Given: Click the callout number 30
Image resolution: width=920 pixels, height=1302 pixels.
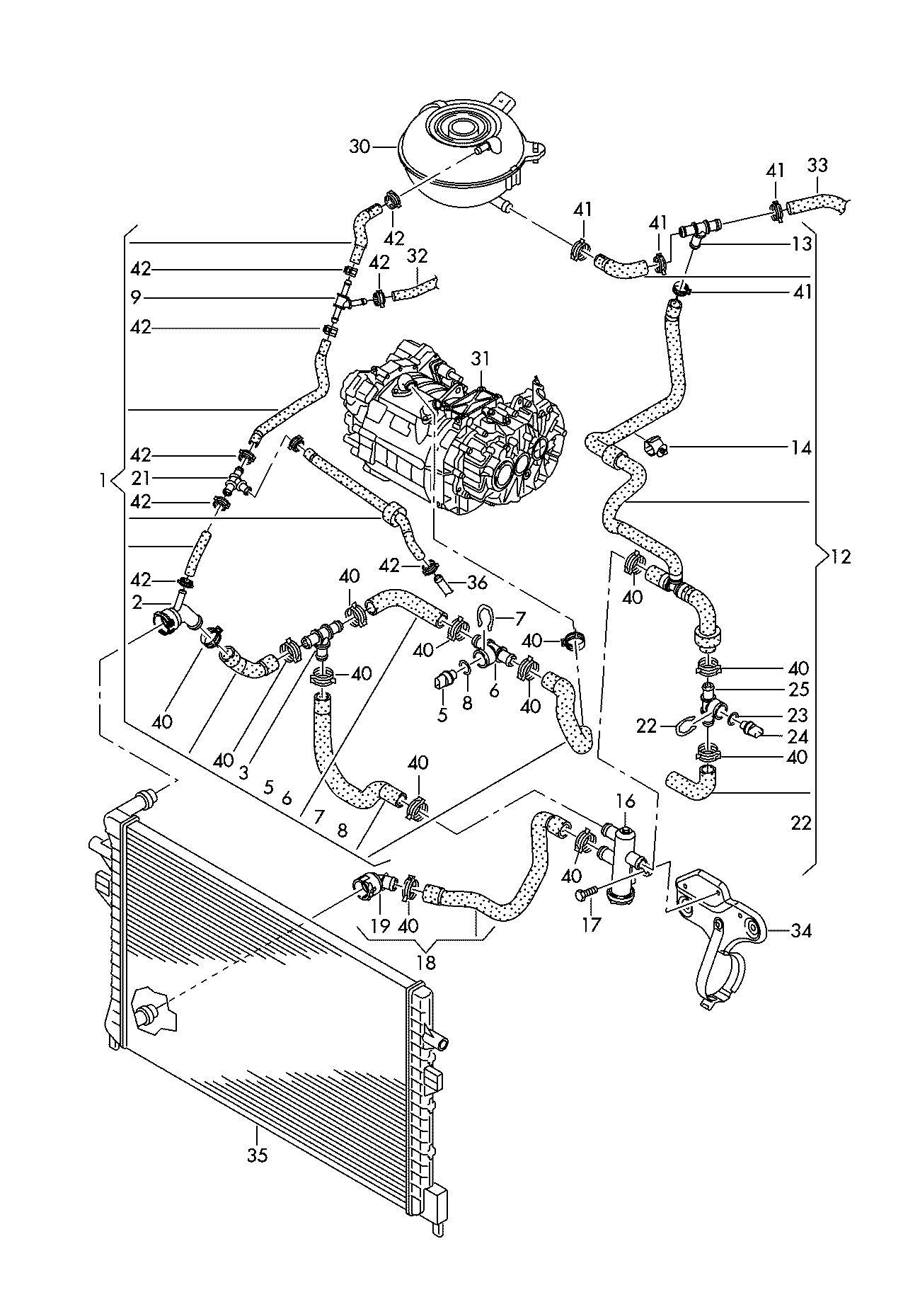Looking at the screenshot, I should [360, 147].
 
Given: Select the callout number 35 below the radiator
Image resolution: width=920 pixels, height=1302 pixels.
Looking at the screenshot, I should [258, 1155].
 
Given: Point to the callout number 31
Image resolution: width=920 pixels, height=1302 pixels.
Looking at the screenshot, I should [481, 360].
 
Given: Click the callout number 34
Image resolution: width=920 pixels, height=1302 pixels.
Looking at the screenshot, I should [801, 930].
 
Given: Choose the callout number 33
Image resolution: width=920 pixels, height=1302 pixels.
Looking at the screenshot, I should [817, 166].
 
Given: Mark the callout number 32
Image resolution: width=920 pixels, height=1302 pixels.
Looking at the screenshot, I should [418, 255].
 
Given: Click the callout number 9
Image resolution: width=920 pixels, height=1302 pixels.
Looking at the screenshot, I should [136, 297].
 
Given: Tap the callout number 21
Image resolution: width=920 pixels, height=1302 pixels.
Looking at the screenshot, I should [141, 479].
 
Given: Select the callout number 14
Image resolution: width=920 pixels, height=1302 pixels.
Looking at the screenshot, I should [801, 447].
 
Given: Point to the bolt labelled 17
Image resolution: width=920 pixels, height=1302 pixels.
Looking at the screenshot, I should [583, 896].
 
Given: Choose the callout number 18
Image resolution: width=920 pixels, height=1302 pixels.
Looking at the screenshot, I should [426, 963].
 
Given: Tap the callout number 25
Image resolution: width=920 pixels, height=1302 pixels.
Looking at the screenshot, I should [798, 690].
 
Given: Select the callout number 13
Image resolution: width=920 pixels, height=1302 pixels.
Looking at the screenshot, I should [802, 244].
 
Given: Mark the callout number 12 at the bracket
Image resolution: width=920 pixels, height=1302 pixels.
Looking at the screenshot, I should [841, 557].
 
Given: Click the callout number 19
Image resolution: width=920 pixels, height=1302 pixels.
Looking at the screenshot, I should [381, 925].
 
